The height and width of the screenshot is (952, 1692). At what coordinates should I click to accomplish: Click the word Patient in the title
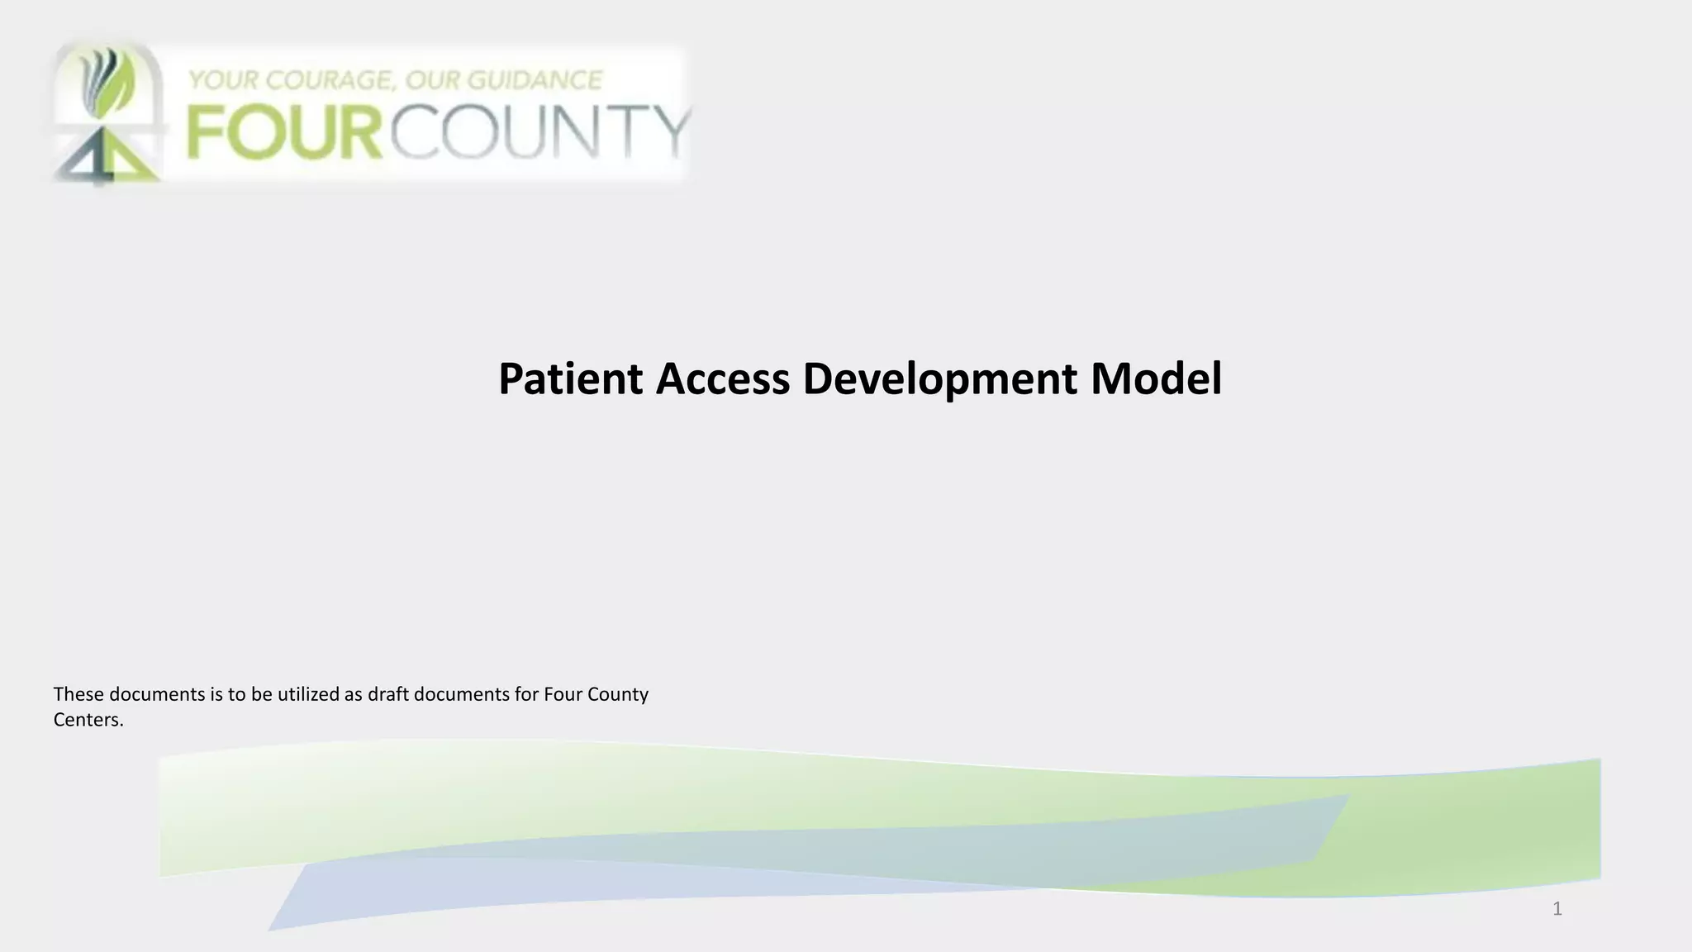(570, 378)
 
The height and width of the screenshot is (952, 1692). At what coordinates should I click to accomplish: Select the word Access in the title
(723, 378)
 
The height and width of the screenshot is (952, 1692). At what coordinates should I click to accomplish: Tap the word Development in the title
(939, 380)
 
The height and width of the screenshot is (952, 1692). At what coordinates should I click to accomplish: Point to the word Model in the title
(1156, 378)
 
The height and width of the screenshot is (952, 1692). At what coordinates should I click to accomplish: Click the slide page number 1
(1557, 909)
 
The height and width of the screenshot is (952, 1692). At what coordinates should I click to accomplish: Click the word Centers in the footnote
(88, 720)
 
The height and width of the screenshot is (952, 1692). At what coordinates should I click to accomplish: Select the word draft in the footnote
(388, 694)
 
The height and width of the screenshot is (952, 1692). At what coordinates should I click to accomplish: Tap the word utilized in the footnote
(309, 694)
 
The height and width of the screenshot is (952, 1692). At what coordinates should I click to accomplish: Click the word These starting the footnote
(78, 694)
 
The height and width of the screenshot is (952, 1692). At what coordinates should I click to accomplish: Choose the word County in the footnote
(617, 694)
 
